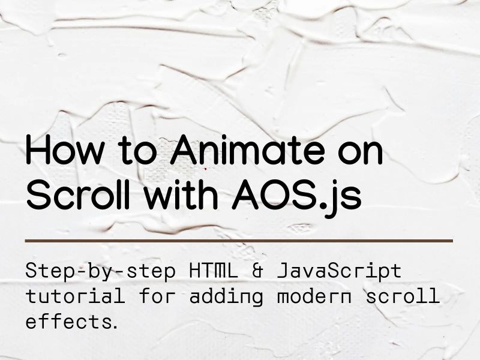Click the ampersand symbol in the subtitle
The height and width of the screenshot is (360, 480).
pyautogui.click(x=258, y=271)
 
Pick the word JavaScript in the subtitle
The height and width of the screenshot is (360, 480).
pyautogui.click(x=338, y=271)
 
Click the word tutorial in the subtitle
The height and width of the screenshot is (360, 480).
pyautogui.click(x=75, y=296)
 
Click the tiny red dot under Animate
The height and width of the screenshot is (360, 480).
pyautogui.click(x=206, y=169)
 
